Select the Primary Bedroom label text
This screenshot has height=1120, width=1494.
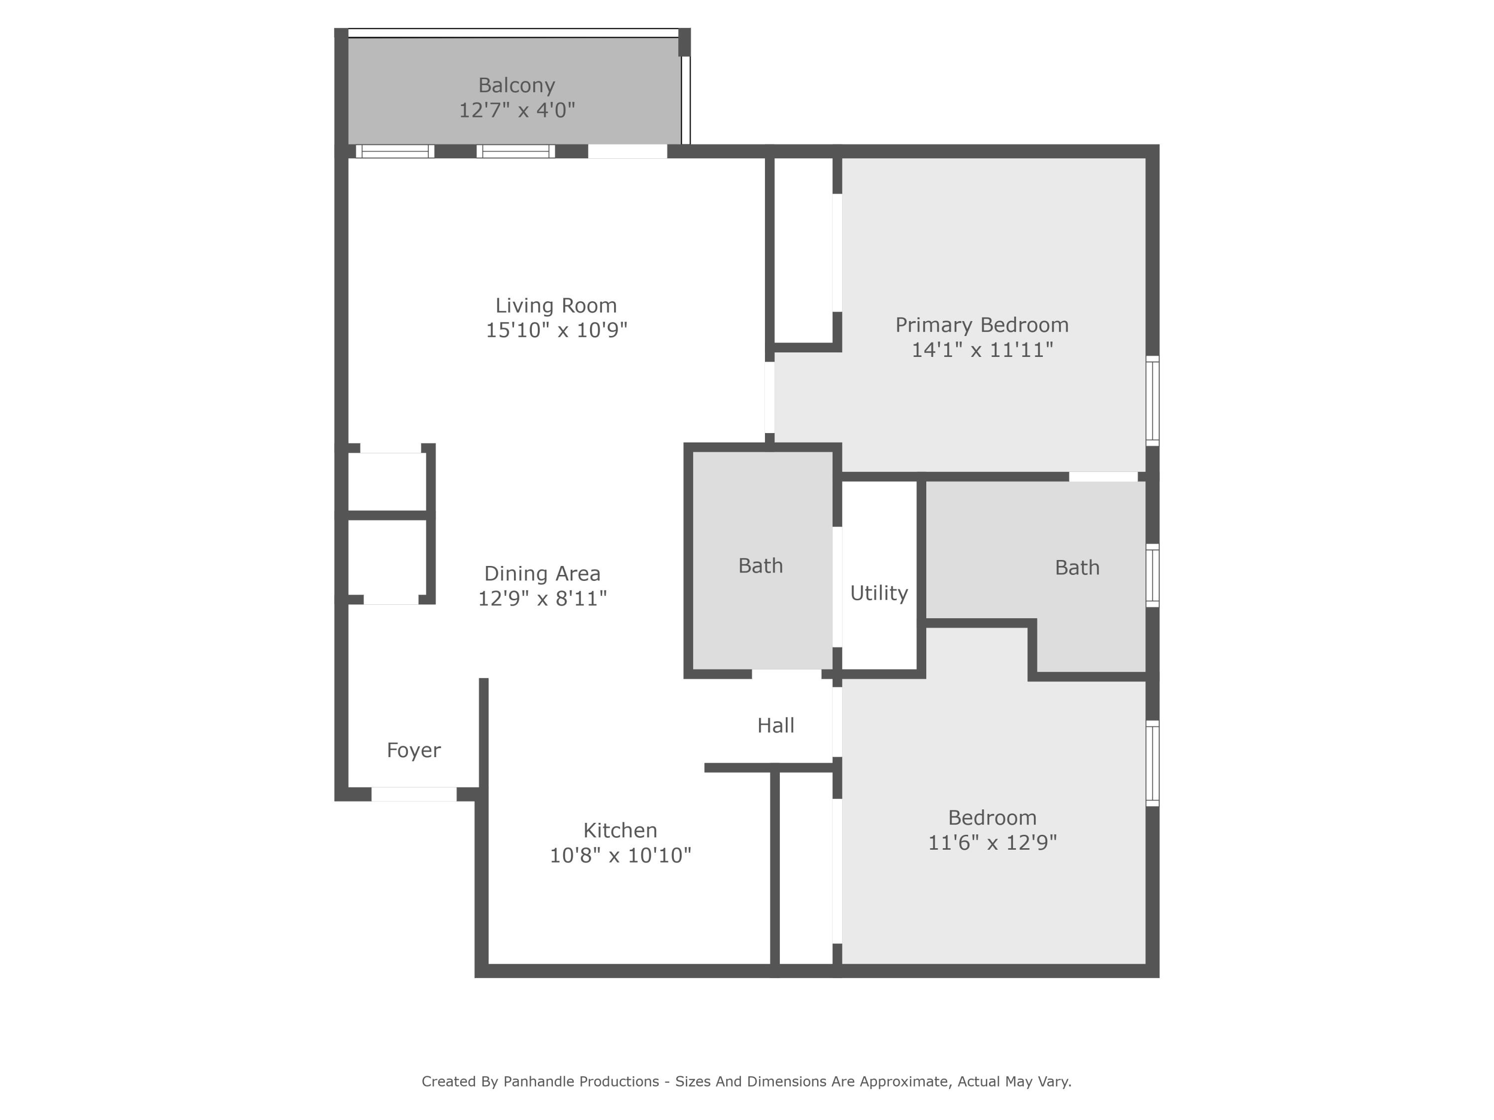coord(982,325)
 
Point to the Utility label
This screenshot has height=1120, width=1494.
coord(878,593)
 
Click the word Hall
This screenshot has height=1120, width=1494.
coord(775,725)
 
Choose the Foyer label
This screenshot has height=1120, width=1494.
coord(413,750)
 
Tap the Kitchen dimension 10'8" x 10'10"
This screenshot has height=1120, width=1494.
coord(620,855)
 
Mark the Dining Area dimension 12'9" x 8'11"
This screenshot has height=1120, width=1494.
coord(542,598)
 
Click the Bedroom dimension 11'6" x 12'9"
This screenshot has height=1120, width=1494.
coord(992,843)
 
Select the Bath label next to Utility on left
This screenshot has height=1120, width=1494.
coord(760,566)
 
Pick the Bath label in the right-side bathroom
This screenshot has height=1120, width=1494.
coord(1077,568)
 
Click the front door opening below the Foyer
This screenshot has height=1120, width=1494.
coord(413,794)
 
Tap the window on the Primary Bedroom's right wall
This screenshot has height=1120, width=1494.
coord(1152,400)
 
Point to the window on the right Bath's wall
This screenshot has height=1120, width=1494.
coord(1152,575)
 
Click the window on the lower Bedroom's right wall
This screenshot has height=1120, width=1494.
coord(1152,763)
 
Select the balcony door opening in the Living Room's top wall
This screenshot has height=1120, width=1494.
coord(627,151)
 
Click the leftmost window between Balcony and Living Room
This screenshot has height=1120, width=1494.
coord(394,151)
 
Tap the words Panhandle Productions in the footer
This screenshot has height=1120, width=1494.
coord(581,1082)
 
